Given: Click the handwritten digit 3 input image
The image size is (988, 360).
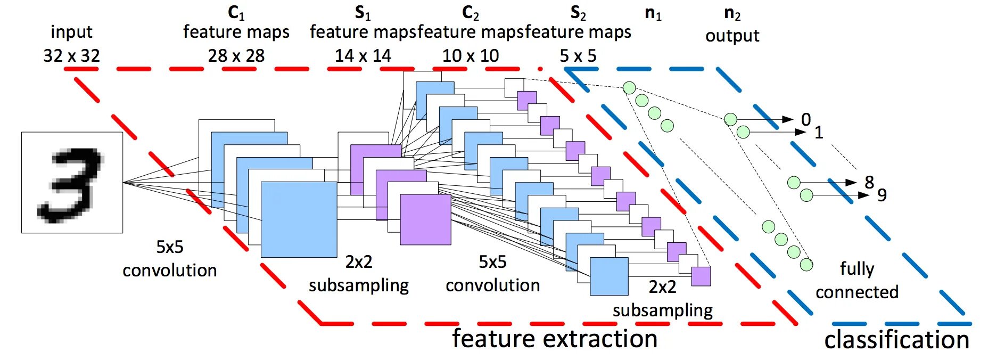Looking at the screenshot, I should coord(72,183).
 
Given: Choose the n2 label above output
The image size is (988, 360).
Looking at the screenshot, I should coord(732,14).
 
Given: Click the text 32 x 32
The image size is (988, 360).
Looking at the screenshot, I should coord(71,55).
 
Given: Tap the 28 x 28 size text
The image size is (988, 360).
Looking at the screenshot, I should coord(236,55).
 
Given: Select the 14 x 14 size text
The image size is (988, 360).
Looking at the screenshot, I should coord(363,55).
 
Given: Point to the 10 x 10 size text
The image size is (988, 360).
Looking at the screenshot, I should coord(471,55).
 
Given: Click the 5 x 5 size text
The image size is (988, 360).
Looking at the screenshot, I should coord(578,55).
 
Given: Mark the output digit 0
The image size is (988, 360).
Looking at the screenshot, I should coord(806,119).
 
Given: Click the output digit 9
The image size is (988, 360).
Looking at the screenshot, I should coord(882,195).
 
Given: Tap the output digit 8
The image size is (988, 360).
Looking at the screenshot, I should coord(869,182).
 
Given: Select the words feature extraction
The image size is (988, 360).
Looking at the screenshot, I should coord(555,339).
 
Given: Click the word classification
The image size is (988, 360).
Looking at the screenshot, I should coord(896,340).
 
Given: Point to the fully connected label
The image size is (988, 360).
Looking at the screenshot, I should coord(857,280).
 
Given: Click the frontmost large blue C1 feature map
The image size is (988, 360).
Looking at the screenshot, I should coord(299,219).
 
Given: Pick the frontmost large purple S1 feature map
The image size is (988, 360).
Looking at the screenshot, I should coord(425,219).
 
